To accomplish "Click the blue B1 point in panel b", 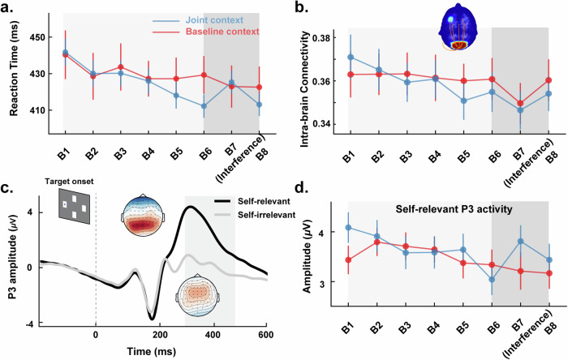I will pyautogui.click(x=350, y=57).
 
